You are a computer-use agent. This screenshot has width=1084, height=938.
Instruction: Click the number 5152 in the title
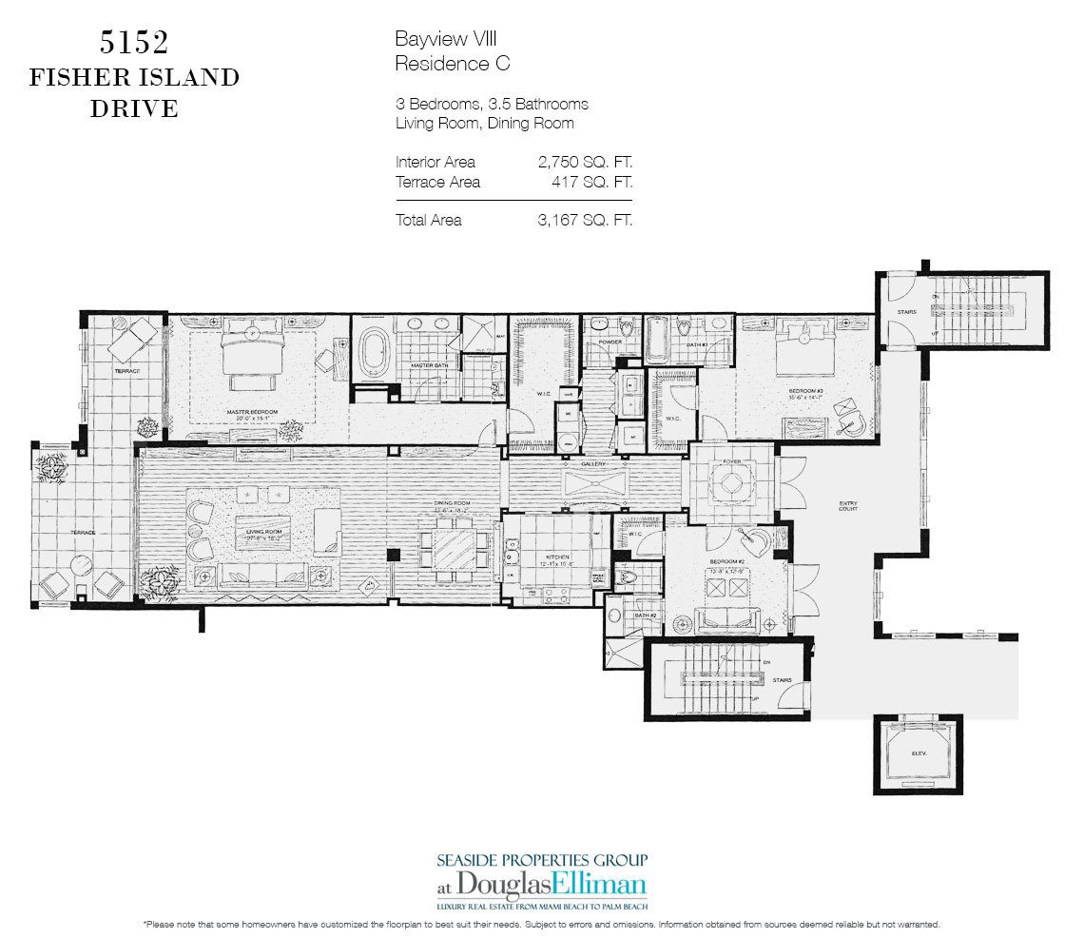[x=133, y=43]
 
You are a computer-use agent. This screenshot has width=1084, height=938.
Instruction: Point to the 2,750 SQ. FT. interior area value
[x=584, y=162]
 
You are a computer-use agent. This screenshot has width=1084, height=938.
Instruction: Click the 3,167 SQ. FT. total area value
[x=584, y=220]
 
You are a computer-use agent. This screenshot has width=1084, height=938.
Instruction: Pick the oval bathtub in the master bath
[x=374, y=354]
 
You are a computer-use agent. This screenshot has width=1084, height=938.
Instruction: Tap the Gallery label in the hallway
[x=594, y=463]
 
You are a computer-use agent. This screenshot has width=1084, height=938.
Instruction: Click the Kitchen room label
[x=557, y=557]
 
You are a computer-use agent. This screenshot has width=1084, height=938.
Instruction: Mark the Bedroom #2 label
[x=727, y=561]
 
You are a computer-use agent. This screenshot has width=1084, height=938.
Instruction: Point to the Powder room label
[x=610, y=342]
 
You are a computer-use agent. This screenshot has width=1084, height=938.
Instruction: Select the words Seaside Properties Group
[x=542, y=859]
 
